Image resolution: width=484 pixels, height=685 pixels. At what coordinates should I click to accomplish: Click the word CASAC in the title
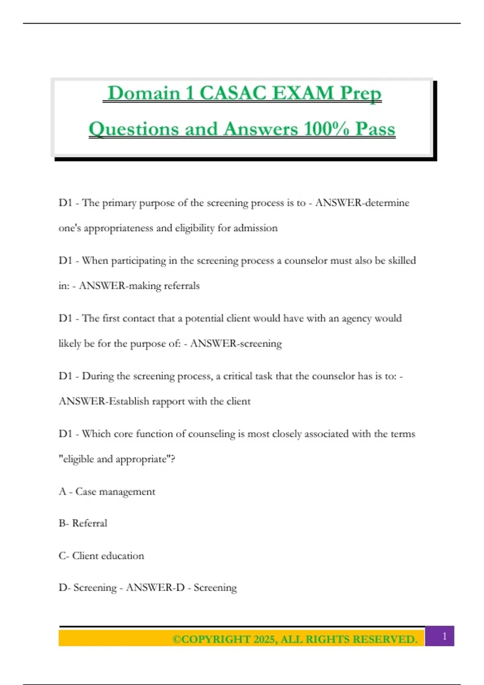click(233, 93)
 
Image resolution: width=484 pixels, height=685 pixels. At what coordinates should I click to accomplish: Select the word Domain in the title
click(144, 93)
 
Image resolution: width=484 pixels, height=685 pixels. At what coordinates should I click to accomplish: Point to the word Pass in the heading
click(375, 129)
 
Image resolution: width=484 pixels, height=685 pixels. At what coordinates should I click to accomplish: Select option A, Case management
click(107, 492)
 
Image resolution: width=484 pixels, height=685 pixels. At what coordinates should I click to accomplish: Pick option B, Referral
click(83, 523)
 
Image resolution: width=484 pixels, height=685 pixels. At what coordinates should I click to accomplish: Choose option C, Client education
click(101, 556)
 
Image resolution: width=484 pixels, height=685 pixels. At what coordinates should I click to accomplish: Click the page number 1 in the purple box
click(444, 636)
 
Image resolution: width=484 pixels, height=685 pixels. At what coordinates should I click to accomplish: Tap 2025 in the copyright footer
click(264, 639)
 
